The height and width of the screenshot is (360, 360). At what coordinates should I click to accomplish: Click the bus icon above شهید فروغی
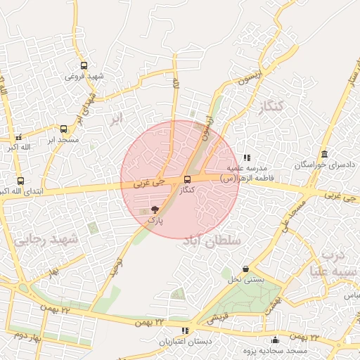pos(84,65)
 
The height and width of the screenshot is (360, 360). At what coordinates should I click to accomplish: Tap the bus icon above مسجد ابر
pos(64,129)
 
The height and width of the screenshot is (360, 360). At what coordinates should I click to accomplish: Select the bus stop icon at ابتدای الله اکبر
pos(20,181)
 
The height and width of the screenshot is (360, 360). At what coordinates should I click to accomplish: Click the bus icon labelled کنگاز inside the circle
pos(186,180)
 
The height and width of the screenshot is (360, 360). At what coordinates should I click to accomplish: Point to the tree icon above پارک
pos(155,210)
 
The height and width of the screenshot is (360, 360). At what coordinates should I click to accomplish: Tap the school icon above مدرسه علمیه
pos(246,158)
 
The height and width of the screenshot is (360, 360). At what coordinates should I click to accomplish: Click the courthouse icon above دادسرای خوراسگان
pos(324,154)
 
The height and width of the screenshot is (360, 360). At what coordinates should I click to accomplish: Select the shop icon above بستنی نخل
pos(245,269)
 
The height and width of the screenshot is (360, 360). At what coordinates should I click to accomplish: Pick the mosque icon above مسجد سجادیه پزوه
pos(274,341)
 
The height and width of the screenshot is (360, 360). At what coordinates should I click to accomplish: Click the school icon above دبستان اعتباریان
pos(185,330)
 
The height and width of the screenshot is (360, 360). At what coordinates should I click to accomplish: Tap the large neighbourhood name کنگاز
pos(269,108)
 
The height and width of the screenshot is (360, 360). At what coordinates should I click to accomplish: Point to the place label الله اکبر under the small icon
pos(20,148)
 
